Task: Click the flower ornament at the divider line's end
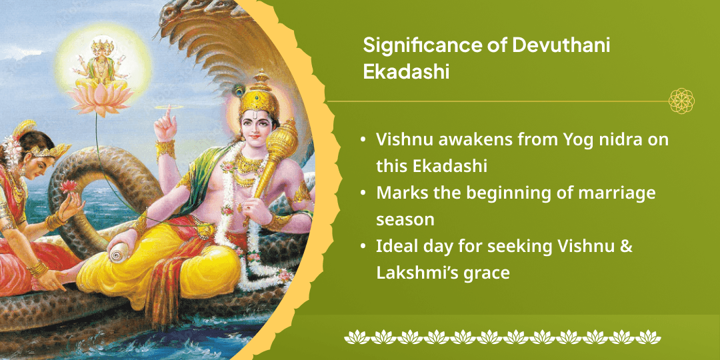tap(681, 101)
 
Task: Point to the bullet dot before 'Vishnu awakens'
tap(362, 141)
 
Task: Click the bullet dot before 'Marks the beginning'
tap(362, 193)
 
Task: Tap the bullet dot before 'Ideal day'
tap(362, 247)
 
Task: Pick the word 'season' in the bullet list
tap(405, 219)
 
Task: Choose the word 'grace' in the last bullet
tap(488, 273)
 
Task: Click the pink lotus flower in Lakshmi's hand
tap(68, 187)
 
